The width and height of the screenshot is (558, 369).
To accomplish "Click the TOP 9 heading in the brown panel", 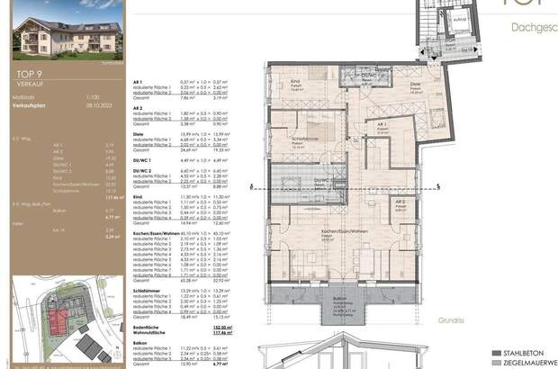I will [x=31, y=76].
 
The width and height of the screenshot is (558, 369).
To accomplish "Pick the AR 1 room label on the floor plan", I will [x=382, y=124].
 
